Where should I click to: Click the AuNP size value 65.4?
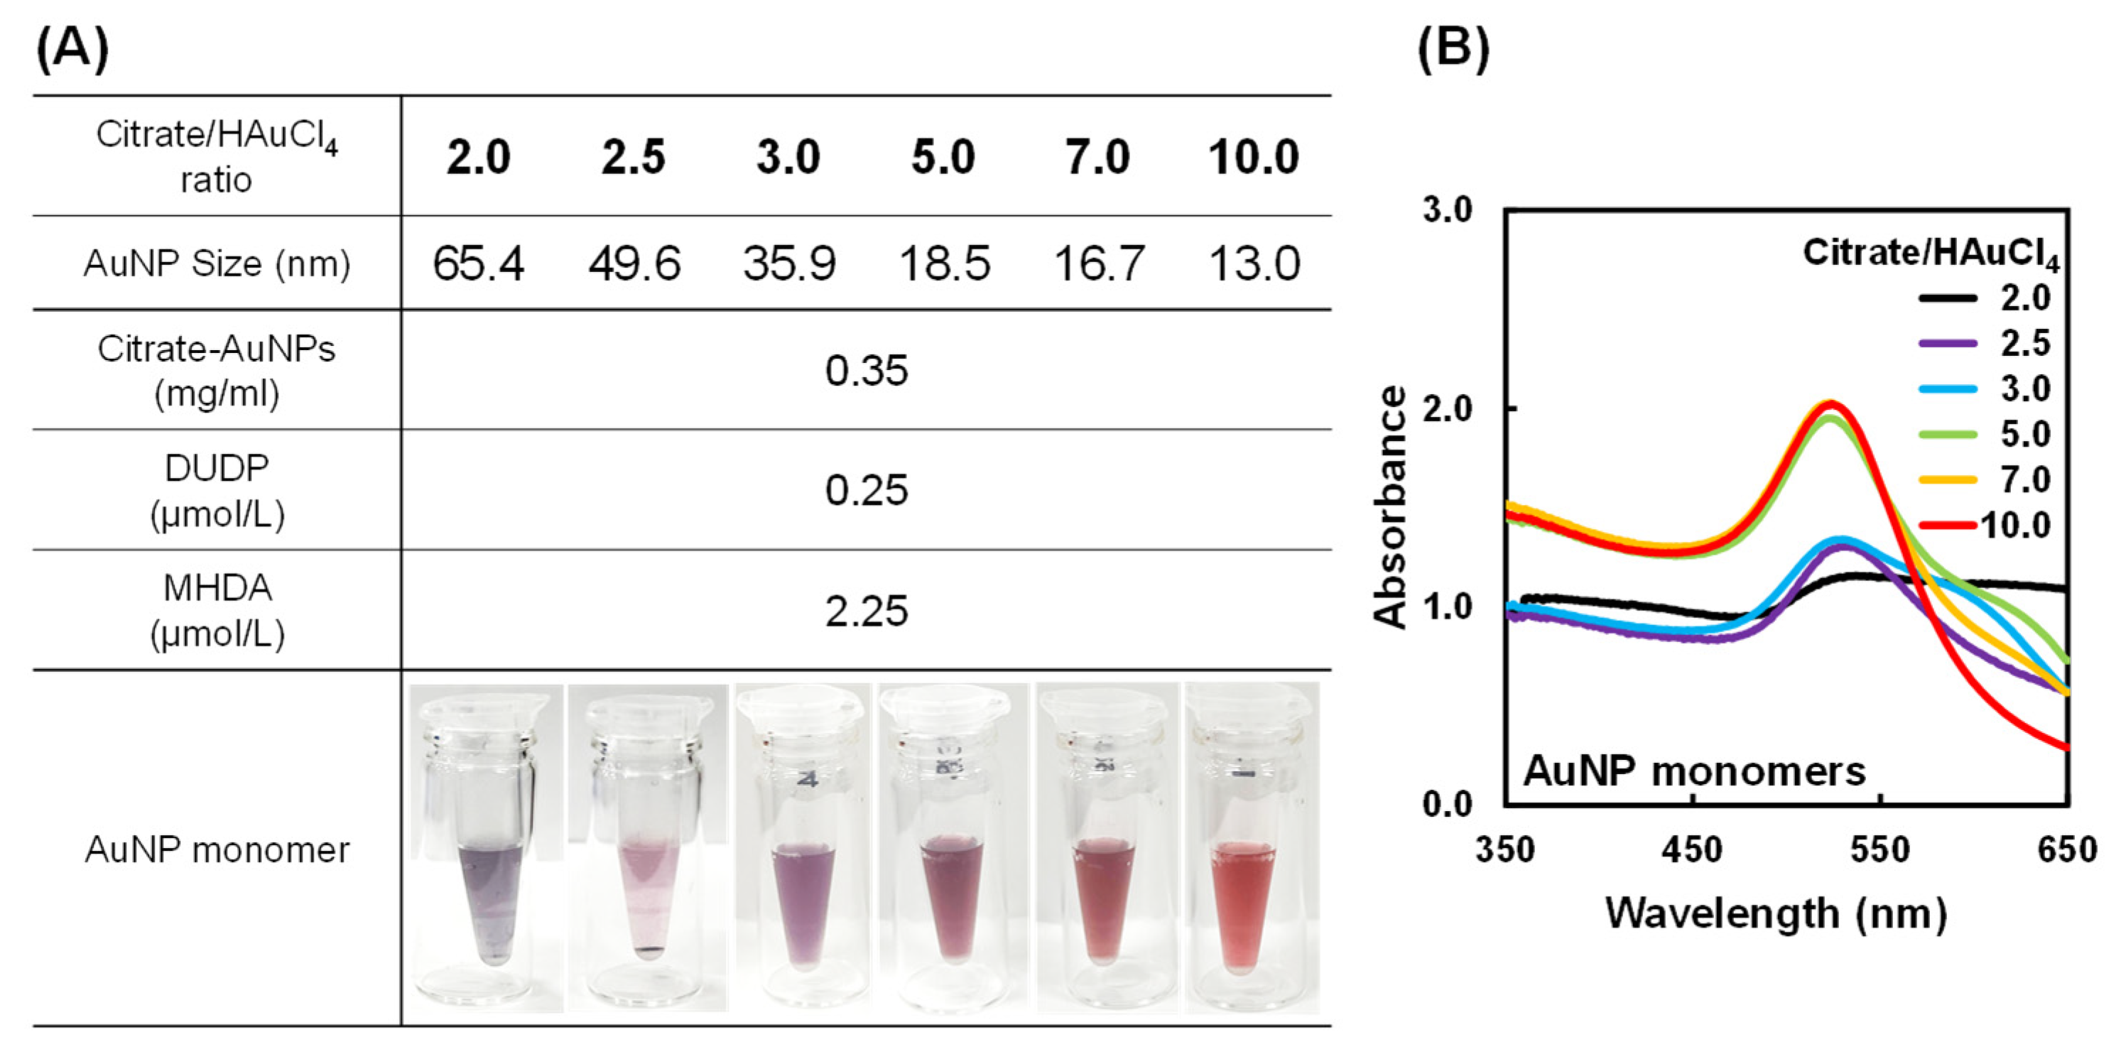[477, 264]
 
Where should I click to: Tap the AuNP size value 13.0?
[1253, 264]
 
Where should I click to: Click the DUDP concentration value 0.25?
[866, 490]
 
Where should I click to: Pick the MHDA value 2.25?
[866, 611]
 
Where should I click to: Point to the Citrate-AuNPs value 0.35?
[866, 371]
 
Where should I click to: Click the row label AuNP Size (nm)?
[217, 264]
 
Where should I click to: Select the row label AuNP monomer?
[217, 849]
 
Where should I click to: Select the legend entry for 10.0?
[2014, 526]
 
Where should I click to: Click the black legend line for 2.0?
[1948, 298]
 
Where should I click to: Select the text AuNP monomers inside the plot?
[1693, 771]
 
